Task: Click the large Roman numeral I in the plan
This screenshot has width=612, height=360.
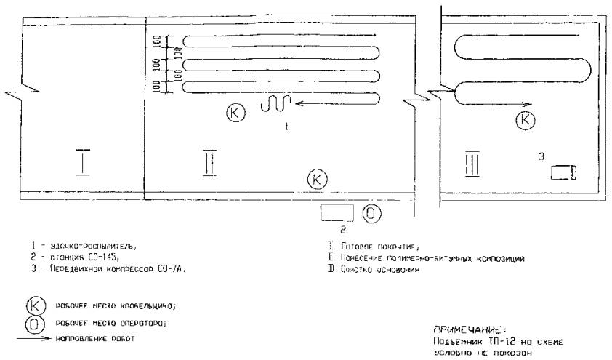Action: [x=84, y=161]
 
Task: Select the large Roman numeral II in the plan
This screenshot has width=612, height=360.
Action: [x=209, y=163]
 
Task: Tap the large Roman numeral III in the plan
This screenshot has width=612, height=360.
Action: [x=471, y=164]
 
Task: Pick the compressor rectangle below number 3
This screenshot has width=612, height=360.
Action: [x=563, y=172]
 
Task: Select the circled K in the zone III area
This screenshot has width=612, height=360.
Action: [x=524, y=120]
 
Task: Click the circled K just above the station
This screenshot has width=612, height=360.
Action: [x=317, y=177]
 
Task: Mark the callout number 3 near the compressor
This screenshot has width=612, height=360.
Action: [x=541, y=154]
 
